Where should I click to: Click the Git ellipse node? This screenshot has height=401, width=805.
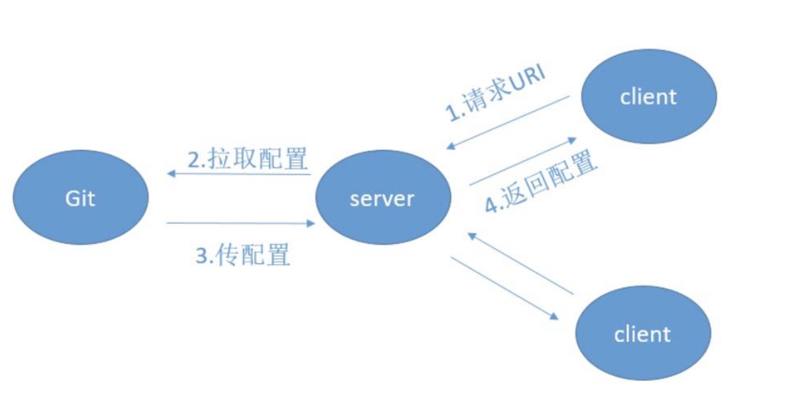pos(81,197)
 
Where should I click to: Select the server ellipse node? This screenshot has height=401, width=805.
pos(383,197)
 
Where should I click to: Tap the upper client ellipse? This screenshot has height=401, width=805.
pos(649,96)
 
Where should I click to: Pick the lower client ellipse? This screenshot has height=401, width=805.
pos(643,333)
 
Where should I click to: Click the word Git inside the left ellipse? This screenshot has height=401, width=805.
pos(80,198)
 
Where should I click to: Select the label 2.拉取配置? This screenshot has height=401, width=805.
pos(247,158)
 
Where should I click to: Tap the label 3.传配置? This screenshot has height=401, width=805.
pos(243,254)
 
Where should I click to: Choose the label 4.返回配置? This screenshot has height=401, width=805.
pos(541,181)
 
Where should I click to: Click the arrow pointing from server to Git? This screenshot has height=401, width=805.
pos(239,174)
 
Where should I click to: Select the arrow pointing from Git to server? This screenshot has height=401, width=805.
pos(241,223)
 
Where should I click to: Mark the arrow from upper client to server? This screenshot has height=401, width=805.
pos(508,122)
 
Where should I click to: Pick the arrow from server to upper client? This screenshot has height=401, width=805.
pos(523,161)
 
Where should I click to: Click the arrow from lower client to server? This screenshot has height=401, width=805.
pos(521,263)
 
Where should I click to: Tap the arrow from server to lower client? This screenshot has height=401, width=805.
pos(505,288)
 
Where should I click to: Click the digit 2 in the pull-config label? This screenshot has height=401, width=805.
pos(194,160)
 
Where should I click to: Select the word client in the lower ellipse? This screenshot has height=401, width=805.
pos(642,335)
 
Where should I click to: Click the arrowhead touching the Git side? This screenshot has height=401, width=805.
pos(170,174)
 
